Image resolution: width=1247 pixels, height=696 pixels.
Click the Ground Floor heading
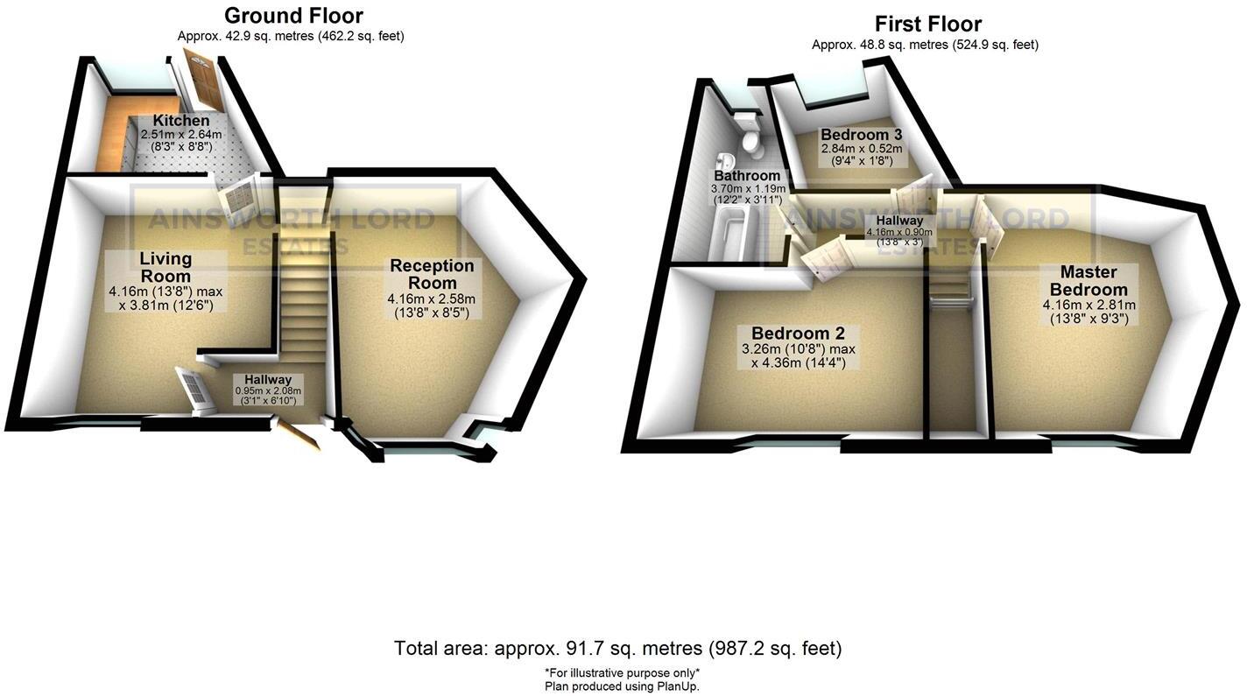[293, 16]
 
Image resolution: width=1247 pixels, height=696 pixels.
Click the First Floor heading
[928, 24]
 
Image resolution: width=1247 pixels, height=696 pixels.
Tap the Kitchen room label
[181, 121]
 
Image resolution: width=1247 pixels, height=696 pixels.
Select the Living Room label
[166, 267]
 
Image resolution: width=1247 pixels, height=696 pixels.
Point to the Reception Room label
[432, 274]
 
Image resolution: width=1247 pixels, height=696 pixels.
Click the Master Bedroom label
[1088, 280]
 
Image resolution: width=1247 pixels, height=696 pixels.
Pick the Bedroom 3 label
[862, 135]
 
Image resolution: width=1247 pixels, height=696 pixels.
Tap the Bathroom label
[746, 176]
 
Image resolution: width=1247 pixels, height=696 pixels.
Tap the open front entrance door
[299, 434]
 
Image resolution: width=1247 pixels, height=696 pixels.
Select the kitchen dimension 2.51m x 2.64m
[181, 135]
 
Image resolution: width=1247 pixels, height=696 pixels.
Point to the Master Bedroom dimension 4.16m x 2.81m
[1088, 306]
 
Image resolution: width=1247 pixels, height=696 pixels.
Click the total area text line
[617, 649]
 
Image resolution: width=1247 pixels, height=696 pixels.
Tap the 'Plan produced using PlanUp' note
[622, 686]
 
